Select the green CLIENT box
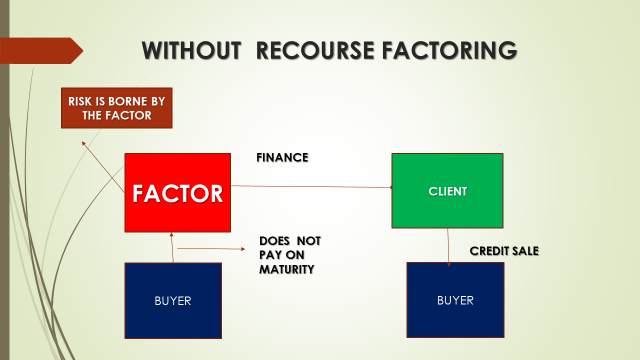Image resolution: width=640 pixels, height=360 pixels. point(447,190)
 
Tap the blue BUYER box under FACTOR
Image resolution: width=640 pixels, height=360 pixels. point(173,300)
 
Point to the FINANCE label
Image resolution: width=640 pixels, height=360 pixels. point(283,157)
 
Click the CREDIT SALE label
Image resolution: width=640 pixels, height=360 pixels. point(504,250)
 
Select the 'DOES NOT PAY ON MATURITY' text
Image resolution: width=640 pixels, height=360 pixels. point(290,255)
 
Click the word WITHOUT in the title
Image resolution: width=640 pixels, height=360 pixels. point(191,50)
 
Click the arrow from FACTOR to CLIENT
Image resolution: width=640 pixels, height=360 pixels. point(310,187)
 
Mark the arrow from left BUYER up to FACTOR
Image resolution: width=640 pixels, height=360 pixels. point(174,247)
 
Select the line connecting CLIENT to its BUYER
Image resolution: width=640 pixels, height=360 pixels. point(449,245)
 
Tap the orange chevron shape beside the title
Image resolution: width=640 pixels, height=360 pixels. point(40,50)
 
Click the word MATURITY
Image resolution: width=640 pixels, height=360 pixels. point(287,269)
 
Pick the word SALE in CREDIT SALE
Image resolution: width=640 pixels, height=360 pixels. point(524,250)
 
